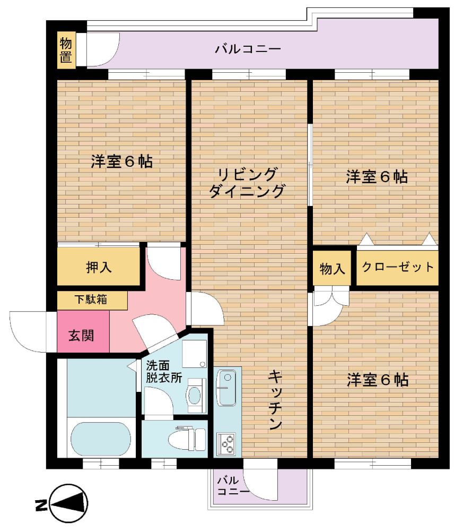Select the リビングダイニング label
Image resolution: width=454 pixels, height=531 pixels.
(247, 183)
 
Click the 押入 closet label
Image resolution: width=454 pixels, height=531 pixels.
(99, 267)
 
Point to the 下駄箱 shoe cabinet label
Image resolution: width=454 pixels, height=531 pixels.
(91, 299)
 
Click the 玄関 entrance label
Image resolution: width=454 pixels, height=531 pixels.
(81, 335)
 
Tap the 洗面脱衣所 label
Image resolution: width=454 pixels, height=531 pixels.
(164, 372)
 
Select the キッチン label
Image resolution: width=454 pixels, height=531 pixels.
(275, 400)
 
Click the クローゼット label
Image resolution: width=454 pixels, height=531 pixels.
(398, 267)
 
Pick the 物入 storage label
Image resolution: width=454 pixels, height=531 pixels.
(332, 269)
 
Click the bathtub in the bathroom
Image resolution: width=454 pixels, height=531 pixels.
(101, 439)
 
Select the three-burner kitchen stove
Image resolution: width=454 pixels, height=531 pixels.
(226, 444)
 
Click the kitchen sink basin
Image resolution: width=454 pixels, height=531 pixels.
(226, 388)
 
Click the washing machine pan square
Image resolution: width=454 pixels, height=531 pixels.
(195, 354)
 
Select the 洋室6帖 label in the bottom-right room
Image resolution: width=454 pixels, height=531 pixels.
(378, 380)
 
